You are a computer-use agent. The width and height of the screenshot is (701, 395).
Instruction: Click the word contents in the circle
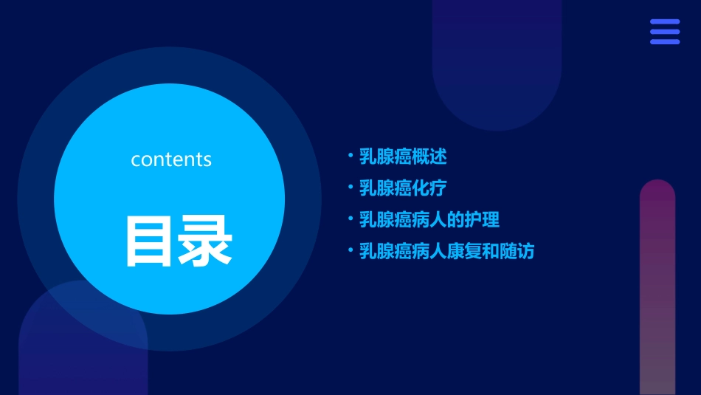(171, 159)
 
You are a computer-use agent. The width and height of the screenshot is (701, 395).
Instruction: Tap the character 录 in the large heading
(203, 241)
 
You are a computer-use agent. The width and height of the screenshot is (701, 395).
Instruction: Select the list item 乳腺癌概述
(403, 157)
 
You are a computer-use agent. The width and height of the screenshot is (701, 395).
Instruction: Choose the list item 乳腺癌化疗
(403, 188)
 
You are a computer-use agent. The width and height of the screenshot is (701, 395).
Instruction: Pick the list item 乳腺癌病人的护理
(429, 219)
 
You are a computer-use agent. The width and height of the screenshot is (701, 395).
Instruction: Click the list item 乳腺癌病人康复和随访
(446, 251)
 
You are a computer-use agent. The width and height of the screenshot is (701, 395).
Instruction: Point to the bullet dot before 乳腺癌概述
(350, 156)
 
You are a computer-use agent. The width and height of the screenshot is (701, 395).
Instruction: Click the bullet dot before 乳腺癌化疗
(350, 187)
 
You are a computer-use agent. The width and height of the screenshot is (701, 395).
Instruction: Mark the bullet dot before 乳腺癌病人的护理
(350, 219)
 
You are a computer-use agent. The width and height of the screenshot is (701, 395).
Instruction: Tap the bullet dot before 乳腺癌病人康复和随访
(350, 250)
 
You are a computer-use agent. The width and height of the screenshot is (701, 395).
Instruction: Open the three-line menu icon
(665, 32)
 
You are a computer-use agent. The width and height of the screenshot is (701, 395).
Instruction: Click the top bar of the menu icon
(665, 22)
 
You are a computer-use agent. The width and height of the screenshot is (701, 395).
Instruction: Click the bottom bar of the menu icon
(665, 41)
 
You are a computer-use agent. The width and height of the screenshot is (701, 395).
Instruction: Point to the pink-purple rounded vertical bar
(657, 287)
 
